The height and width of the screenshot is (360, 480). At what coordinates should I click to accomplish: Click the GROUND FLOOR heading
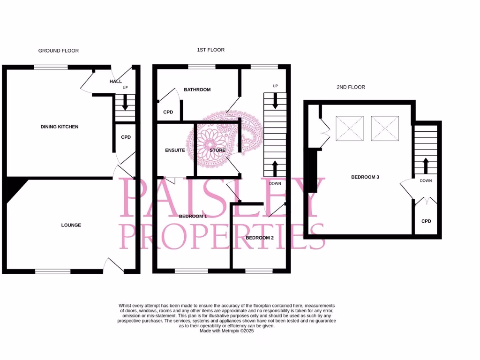coord(59,51)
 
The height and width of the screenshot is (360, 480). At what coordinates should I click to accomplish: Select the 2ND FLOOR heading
coord(351,87)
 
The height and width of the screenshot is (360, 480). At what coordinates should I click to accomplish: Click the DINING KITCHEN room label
coord(60,127)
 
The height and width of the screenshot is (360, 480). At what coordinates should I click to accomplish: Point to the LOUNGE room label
coord(71,225)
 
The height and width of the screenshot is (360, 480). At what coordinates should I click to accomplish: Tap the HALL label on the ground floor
coord(115,82)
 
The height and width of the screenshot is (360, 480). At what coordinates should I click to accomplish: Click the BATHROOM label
coord(197,90)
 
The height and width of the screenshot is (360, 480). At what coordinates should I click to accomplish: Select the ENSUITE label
coord(175,150)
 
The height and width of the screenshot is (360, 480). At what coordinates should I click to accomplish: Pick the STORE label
coord(217,150)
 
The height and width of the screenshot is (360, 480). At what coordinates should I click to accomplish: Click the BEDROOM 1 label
coord(193,217)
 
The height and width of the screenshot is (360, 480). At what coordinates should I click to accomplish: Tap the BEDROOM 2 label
coord(260,238)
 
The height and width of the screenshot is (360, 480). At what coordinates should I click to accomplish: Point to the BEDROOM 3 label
coord(365,177)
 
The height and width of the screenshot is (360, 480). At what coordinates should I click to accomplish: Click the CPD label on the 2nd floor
coord(426,221)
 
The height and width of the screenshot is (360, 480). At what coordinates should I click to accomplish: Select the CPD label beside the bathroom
coord(168,112)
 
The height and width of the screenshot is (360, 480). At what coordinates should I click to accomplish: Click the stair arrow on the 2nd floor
coord(426,165)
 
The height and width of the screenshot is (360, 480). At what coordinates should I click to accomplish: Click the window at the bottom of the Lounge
coord(52,271)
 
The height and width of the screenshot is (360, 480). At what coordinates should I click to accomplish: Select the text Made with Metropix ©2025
coord(226,330)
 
